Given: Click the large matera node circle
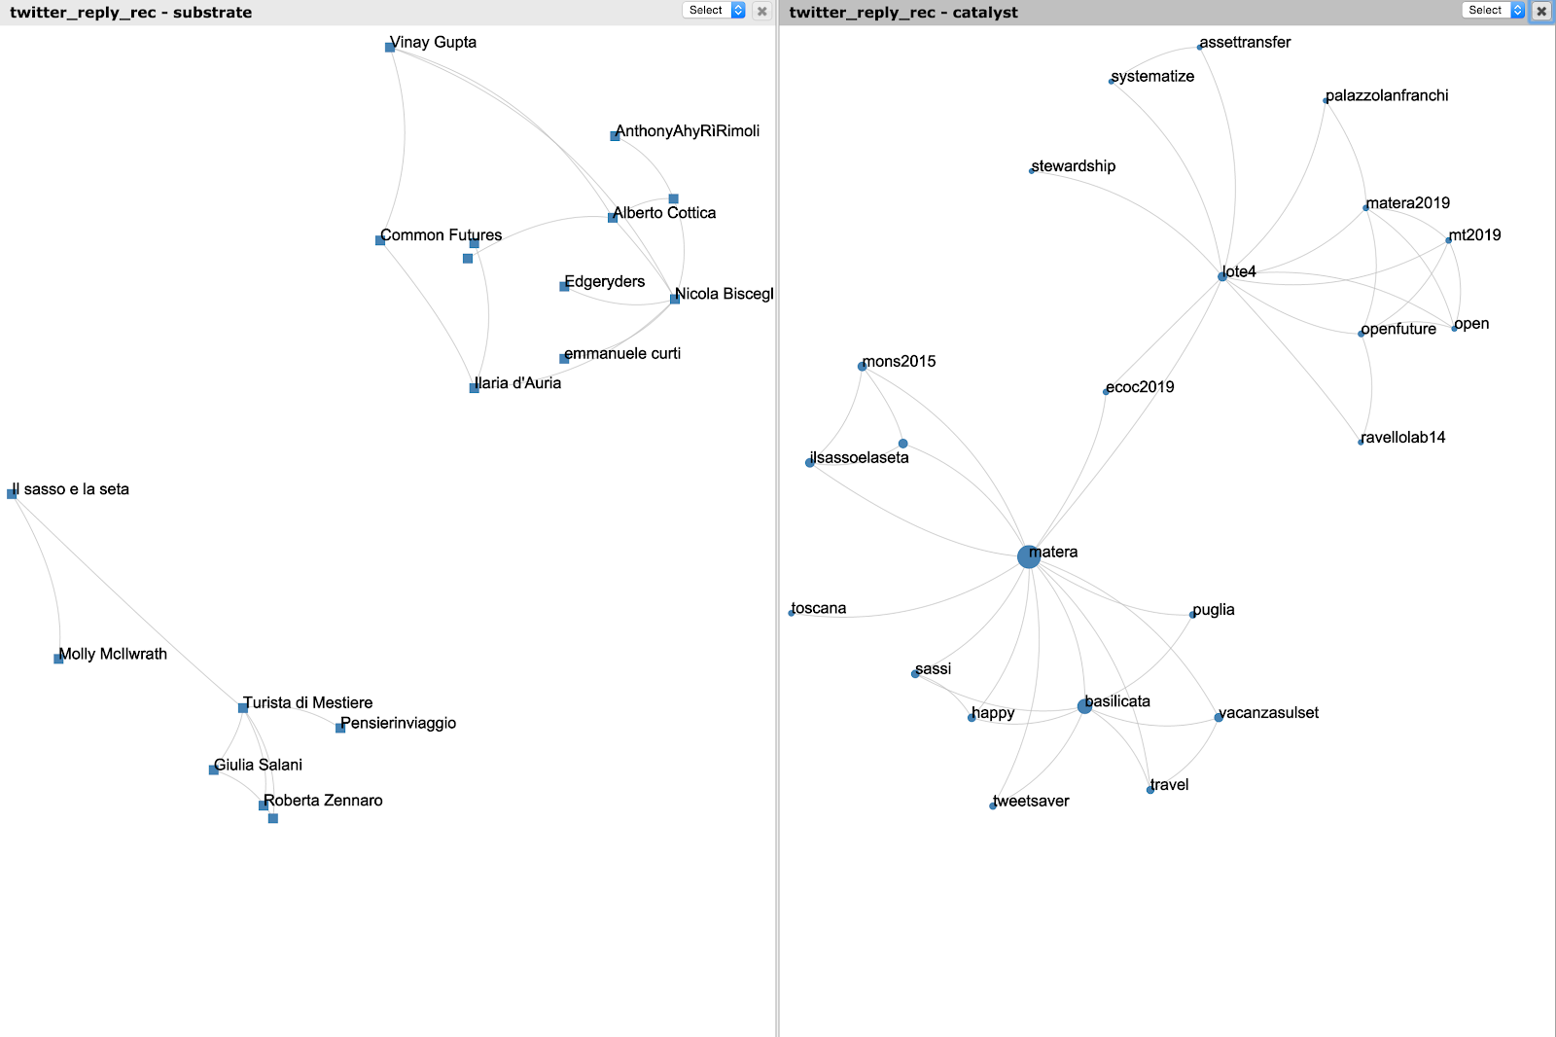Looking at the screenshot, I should click(1028, 556).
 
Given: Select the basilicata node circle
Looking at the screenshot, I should click(1084, 706).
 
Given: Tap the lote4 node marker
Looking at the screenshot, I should click(1222, 276).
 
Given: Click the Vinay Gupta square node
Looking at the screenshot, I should click(390, 47).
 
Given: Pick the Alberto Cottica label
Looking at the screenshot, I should click(665, 213).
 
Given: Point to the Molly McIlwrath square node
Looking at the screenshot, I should click(58, 659).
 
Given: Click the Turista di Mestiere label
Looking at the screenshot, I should click(308, 702).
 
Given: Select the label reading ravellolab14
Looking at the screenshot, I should click(1403, 438).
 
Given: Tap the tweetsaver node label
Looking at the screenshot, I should click(1032, 802).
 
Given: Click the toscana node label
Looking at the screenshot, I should click(819, 609).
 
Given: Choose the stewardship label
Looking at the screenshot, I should click(1074, 166).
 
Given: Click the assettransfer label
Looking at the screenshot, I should click(1246, 43).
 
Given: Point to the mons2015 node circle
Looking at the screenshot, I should click(862, 366).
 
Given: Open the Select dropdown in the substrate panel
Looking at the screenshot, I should click(714, 11).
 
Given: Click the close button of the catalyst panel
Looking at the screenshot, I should click(1541, 11).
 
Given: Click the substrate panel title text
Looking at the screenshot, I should click(130, 13).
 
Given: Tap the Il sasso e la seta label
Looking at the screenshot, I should click(71, 489).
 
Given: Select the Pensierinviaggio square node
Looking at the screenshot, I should click(340, 728).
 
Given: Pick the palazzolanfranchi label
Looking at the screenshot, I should click(1387, 95).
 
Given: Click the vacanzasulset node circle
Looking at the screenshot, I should click(1219, 718).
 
